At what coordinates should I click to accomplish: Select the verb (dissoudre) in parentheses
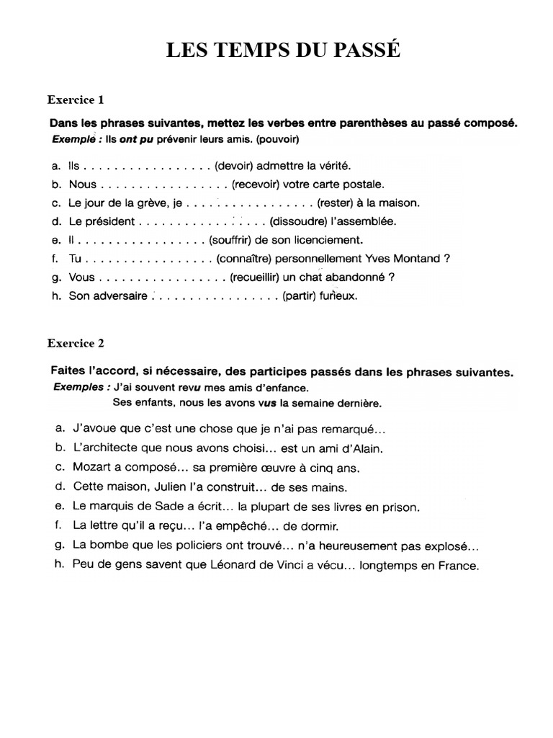click(x=300, y=221)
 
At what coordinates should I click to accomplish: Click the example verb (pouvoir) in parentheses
click(x=274, y=138)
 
